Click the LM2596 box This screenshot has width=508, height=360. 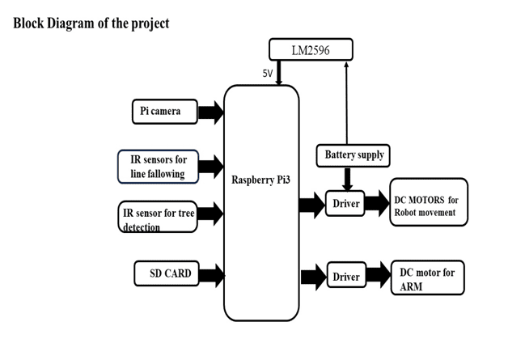pyautogui.click(x=311, y=50)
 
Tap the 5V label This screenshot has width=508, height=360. pyautogui.click(x=267, y=74)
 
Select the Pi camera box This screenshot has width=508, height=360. pyautogui.click(x=164, y=112)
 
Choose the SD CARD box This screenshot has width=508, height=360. pyautogui.click(x=165, y=273)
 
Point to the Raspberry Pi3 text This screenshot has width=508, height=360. pyautogui.click(x=261, y=179)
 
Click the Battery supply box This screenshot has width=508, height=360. pyautogui.click(x=353, y=155)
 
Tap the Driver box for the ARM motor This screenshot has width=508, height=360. pyautogui.click(x=346, y=277)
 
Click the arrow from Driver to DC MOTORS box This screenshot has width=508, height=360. pyautogui.click(x=376, y=203)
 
